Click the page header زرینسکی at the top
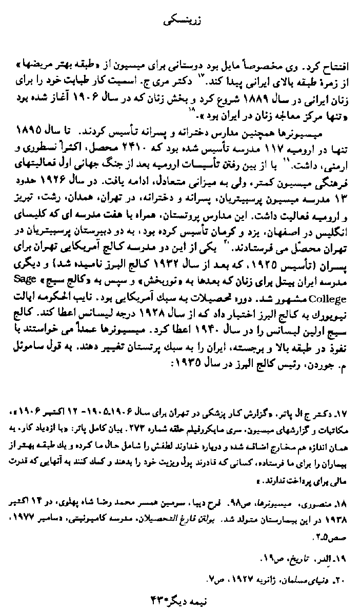pos(180,23)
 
